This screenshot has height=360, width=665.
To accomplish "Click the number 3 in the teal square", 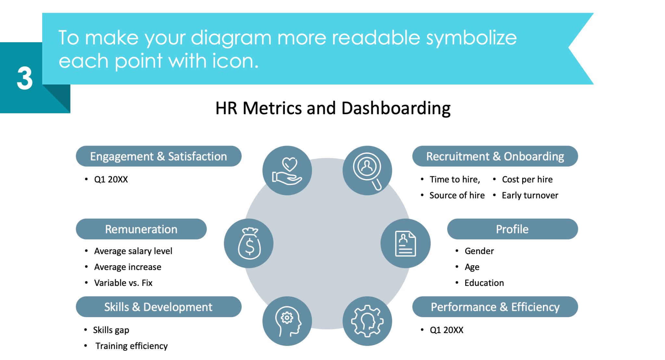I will pyautogui.click(x=25, y=78).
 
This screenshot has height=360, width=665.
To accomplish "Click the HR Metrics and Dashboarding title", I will pyautogui.click(x=333, y=108).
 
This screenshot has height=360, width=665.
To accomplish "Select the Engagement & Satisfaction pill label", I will pyautogui.click(x=158, y=156).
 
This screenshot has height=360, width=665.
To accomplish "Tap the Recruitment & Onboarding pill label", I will pyautogui.click(x=495, y=156).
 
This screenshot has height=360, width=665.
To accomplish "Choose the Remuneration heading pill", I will pyautogui.click(x=141, y=229).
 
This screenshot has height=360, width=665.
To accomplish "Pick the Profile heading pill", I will pyautogui.click(x=512, y=229).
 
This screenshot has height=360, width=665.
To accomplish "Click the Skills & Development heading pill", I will pyautogui.click(x=158, y=307).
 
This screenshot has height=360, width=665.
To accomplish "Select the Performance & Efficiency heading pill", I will pyautogui.click(x=495, y=307).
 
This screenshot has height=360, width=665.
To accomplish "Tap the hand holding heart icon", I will pyautogui.click(x=287, y=171).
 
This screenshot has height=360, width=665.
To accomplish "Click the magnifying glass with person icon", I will pyautogui.click(x=367, y=171).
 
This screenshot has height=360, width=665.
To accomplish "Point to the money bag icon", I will pyautogui.click(x=249, y=243).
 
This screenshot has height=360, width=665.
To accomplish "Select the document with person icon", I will pyautogui.click(x=405, y=243).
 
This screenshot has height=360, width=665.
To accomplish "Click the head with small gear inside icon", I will pyautogui.click(x=287, y=321).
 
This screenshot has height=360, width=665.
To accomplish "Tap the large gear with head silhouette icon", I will pyautogui.click(x=367, y=321).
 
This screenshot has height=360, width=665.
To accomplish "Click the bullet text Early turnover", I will pyautogui.click(x=530, y=195).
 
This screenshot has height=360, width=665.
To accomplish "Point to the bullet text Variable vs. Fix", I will pyautogui.click(x=123, y=283).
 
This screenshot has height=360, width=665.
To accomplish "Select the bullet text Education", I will pyautogui.click(x=484, y=283).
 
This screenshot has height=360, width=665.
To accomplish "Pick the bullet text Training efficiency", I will pyautogui.click(x=132, y=346).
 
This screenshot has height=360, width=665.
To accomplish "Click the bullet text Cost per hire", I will pyautogui.click(x=527, y=179).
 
